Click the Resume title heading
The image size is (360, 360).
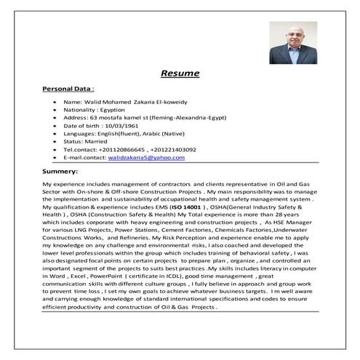click(179, 73)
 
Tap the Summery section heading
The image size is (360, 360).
click(61, 172)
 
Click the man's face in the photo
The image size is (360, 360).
click(286, 38)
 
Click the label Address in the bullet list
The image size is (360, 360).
click(75, 116)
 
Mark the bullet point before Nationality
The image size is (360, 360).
click(55, 105)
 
